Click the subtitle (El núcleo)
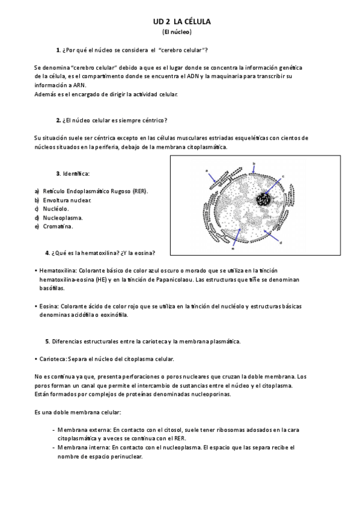click(x=177, y=31)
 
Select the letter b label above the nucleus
click(x=254, y=164)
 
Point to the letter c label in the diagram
click(x=282, y=176)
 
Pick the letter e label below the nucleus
click(x=232, y=247)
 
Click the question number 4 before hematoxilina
click(x=47, y=252)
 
